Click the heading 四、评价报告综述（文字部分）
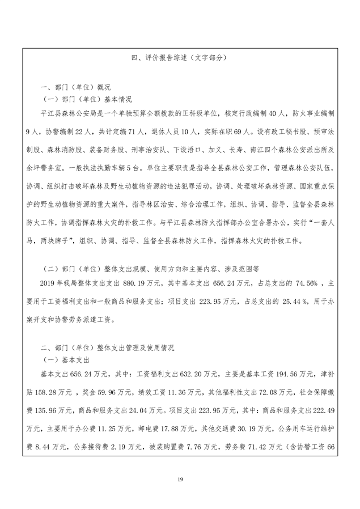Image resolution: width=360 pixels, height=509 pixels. (x=179, y=58)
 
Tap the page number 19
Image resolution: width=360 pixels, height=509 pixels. (x=180, y=480)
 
